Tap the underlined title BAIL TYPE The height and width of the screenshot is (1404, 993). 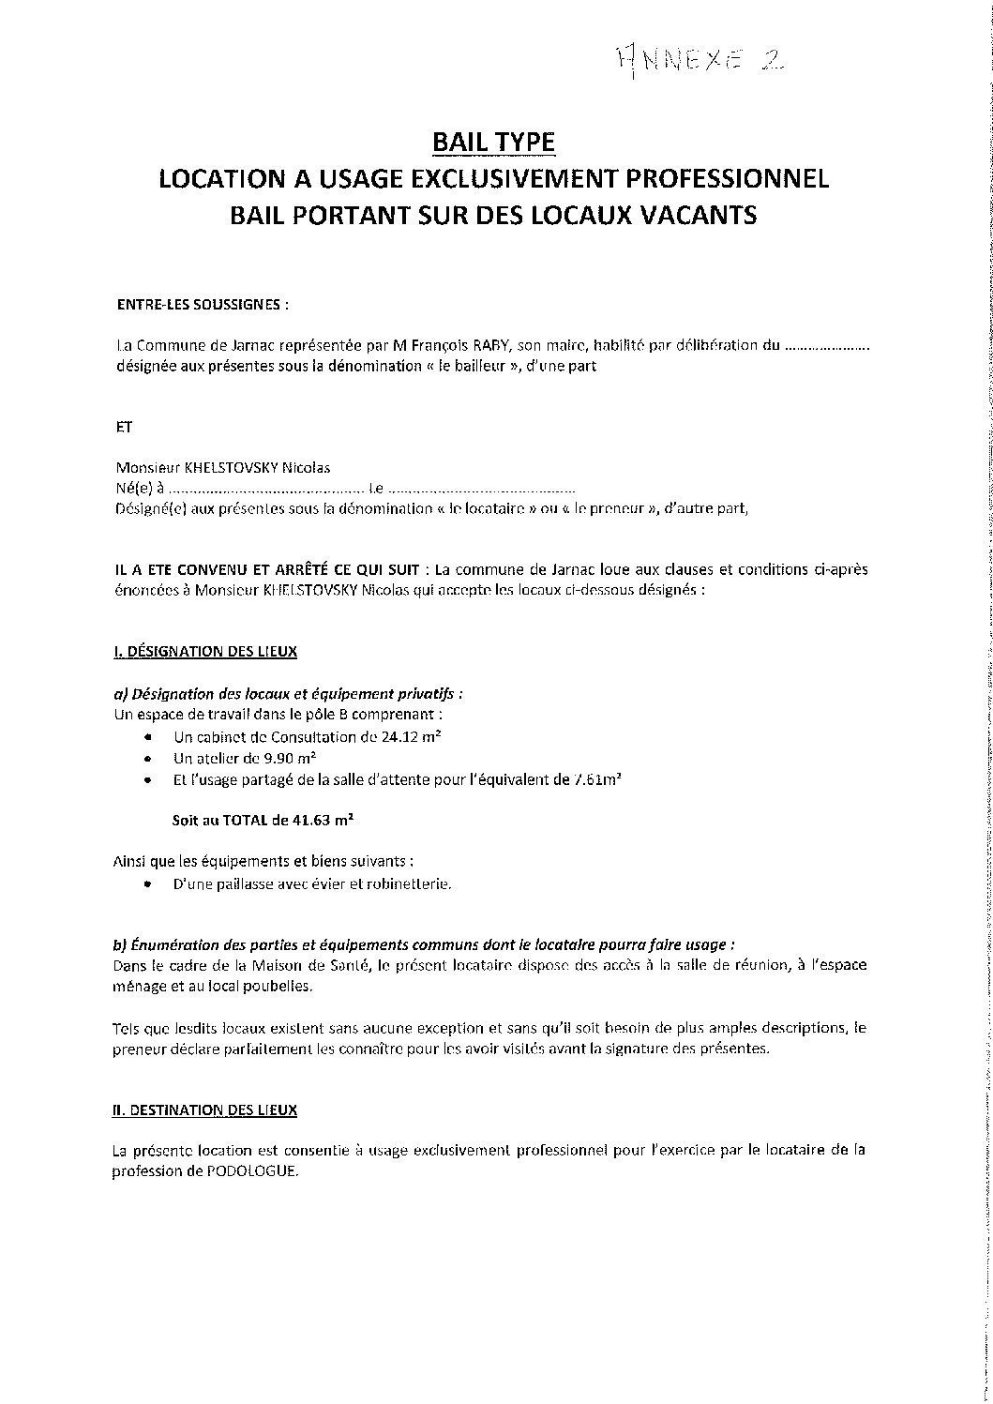point(493,142)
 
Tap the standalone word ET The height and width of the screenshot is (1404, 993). point(150,426)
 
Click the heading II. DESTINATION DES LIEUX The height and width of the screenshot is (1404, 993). point(231,1110)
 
